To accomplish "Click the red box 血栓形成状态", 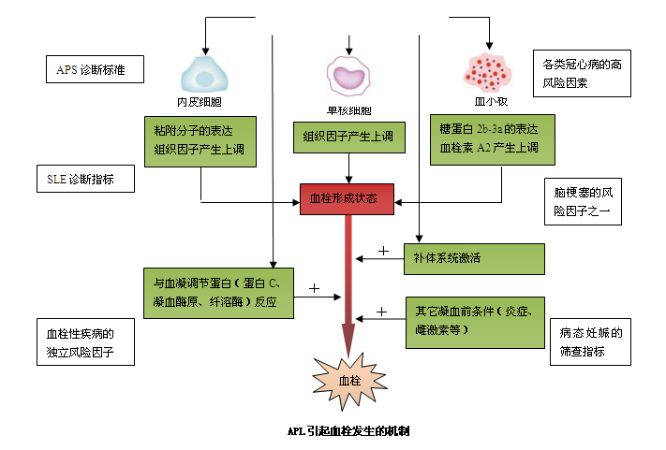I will (347, 199).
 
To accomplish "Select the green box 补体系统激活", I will (474, 258).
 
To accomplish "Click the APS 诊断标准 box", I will (95, 69).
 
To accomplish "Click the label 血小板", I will (489, 99).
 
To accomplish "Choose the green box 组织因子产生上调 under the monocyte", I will (348, 138).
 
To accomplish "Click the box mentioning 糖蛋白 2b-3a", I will (487, 139).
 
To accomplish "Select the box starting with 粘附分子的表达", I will (199, 139).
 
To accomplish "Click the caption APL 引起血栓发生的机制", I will (348, 432).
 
